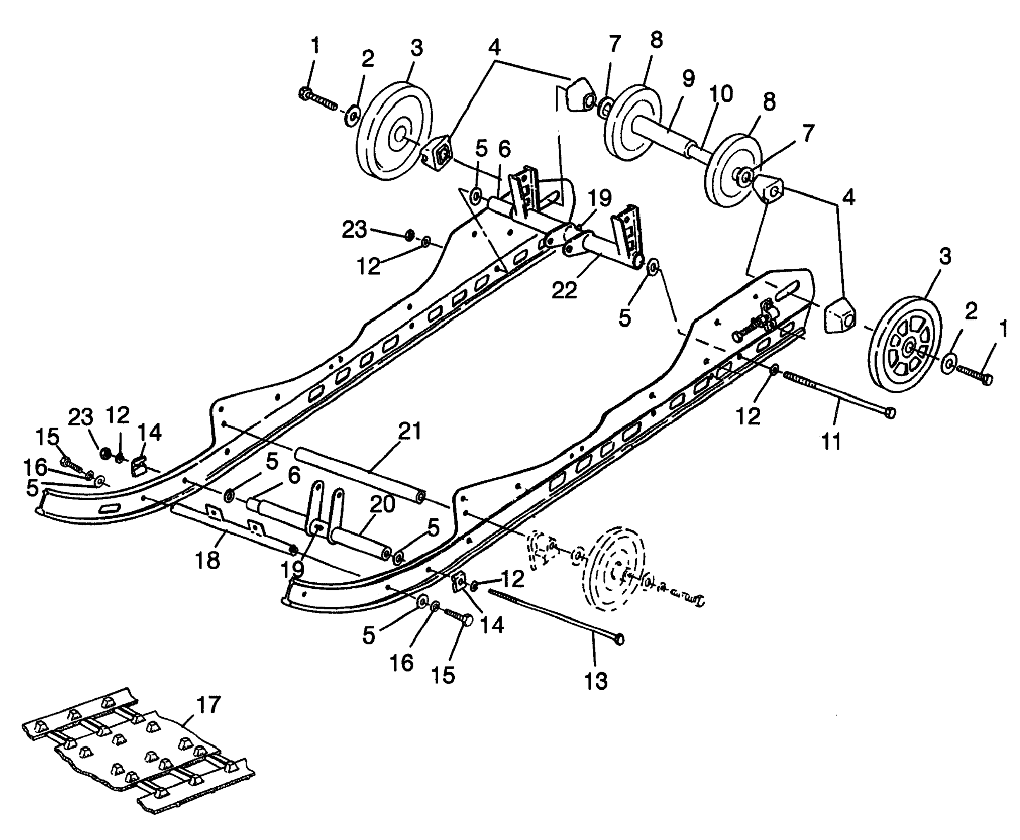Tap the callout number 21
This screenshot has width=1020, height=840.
410,431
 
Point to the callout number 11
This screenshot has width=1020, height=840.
831,441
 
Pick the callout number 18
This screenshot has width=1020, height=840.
207,560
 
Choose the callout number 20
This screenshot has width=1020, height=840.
382,505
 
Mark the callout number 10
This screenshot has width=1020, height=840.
721,94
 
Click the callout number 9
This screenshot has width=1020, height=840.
688,78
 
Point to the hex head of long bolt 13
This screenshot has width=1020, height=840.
619,640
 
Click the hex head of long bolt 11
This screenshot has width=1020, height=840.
889,413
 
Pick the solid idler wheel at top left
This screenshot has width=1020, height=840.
394,131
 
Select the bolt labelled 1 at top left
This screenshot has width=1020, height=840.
318,99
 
